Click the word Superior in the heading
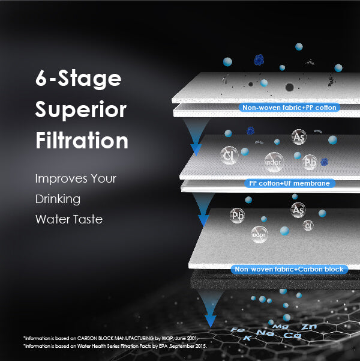80,110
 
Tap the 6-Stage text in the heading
78,79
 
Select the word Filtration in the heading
82,141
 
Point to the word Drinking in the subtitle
58,199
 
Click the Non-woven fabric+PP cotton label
290,108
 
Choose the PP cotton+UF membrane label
289,183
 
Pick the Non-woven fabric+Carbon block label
290,270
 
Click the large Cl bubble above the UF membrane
229,156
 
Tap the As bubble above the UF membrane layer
299,138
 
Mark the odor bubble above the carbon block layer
260,235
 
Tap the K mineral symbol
247,339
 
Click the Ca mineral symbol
290,335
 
